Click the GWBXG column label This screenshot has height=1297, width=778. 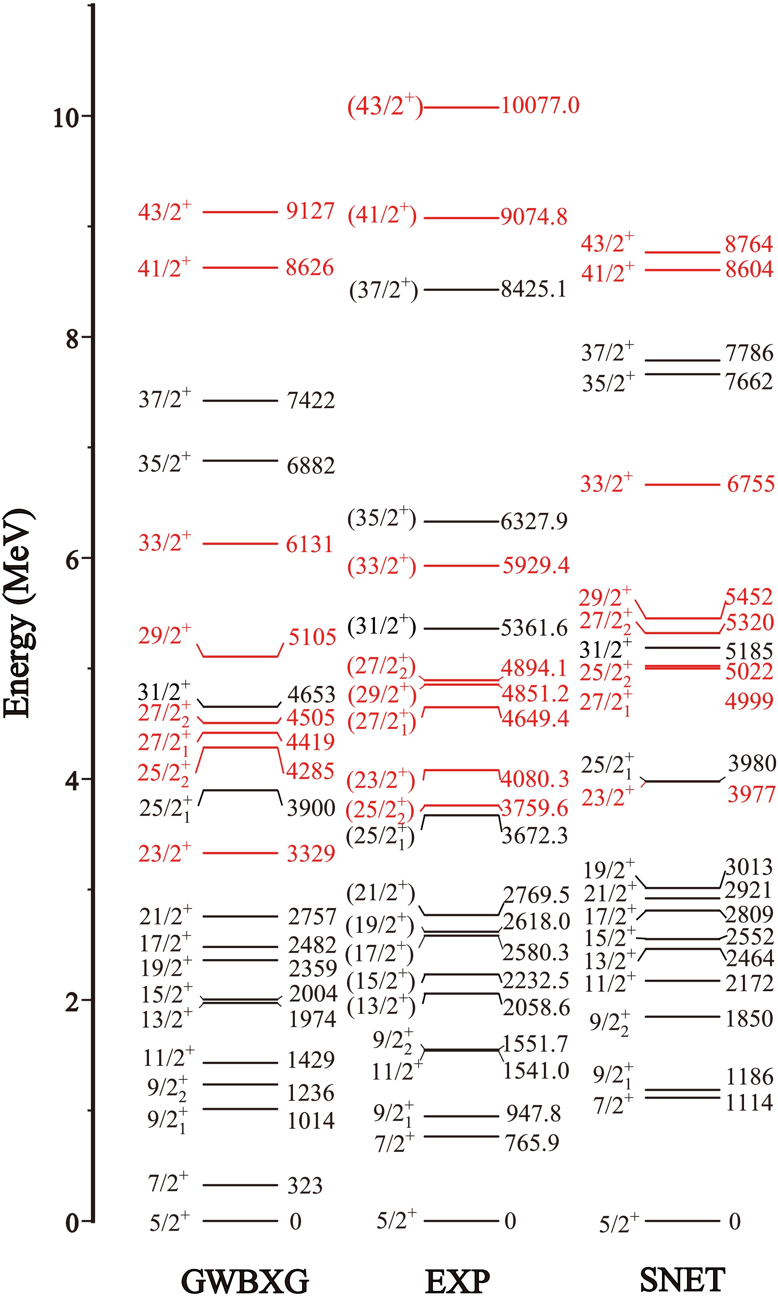245,1282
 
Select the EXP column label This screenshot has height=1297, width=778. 457,1282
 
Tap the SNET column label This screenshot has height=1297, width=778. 682,1280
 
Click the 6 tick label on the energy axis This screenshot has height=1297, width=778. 72,561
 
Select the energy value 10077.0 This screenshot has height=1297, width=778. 540,105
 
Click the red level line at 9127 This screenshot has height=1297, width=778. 240,212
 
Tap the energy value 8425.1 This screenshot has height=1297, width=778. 534,289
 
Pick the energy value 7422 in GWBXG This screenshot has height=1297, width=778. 311,401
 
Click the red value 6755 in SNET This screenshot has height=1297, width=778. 750,484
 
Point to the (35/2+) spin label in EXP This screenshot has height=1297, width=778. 382,518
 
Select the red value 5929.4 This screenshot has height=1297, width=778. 536,565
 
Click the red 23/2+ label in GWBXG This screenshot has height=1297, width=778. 165,854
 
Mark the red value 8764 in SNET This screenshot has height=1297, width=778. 749,244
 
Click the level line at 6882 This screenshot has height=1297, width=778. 240,460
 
